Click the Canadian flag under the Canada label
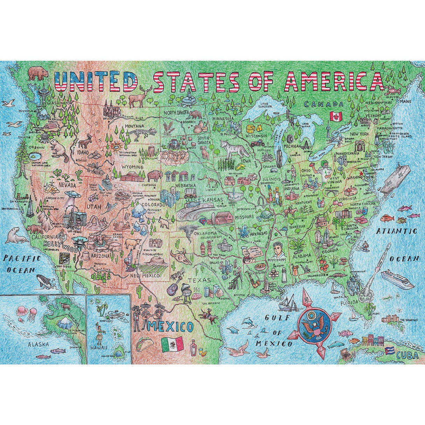coord(335,116)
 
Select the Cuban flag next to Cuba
coord(389,351)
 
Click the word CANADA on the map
coord(323,104)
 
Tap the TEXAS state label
coord(199,280)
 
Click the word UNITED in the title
coord(95,83)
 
